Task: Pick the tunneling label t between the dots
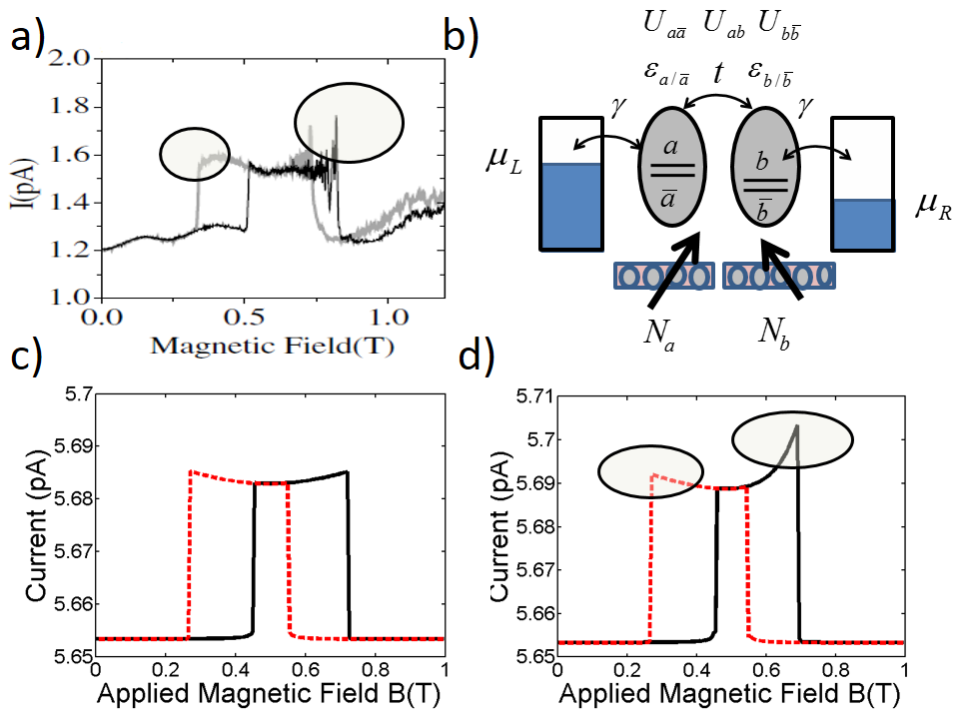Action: coord(717,72)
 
